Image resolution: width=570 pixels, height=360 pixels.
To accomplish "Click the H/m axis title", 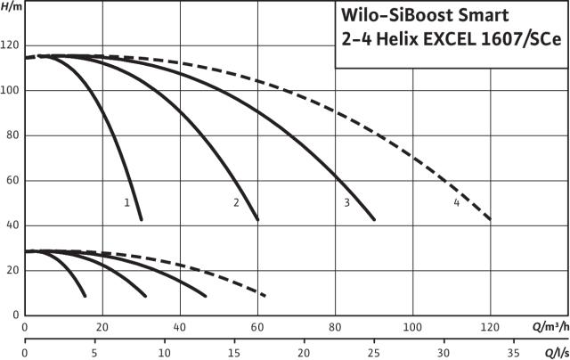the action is (x=12, y=7).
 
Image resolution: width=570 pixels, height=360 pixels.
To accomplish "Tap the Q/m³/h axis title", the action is (x=550, y=327).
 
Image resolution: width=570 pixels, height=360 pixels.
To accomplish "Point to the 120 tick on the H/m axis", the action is (x=10, y=45).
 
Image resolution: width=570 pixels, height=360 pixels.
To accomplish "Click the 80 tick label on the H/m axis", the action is (x=12, y=135).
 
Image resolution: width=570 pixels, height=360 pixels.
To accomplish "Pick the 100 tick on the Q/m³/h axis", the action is (x=412, y=327).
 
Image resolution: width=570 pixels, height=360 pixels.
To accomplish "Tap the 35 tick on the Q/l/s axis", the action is (x=513, y=353).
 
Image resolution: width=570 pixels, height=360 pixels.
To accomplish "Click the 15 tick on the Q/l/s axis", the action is (x=234, y=353).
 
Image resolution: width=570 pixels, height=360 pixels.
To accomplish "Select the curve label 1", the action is (x=126, y=202).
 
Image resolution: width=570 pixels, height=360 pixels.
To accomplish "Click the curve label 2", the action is (x=236, y=202).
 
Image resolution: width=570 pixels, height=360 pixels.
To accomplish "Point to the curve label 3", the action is (x=346, y=202).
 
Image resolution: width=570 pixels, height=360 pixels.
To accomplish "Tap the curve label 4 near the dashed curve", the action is (x=457, y=202).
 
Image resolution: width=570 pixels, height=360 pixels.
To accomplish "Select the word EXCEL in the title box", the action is (x=449, y=39).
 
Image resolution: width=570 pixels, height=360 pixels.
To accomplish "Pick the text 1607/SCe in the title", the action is (x=521, y=39).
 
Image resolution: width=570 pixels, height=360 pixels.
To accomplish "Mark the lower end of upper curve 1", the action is (x=141, y=219).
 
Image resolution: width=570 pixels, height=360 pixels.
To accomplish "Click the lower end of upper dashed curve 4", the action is (x=490, y=219).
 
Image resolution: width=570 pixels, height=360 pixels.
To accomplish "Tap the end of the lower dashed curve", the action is (x=265, y=296).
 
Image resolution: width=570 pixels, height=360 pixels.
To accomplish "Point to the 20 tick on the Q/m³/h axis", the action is (x=102, y=327).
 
